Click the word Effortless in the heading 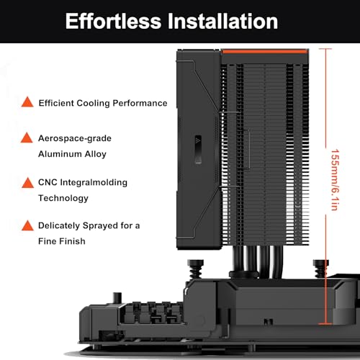tap(113, 21)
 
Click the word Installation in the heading tap(222, 21)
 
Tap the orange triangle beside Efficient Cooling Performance tap(27, 102)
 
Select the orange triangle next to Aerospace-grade tap(27, 138)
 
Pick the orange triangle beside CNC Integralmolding tap(27, 183)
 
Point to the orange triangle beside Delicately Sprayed tap(27, 225)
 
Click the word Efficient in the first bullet tap(56, 103)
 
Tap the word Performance tap(140, 103)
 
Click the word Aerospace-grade tap(75, 138)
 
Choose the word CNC tap(48, 182)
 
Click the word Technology tap(63, 198)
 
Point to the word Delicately tap(59, 225)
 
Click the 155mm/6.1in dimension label tap(335, 180)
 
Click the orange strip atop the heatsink tap(265, 51)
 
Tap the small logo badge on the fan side tap(198, 150)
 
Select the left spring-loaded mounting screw tap(196, 269)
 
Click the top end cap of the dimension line tap(325, 49)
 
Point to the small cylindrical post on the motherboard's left tap(117, 298)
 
